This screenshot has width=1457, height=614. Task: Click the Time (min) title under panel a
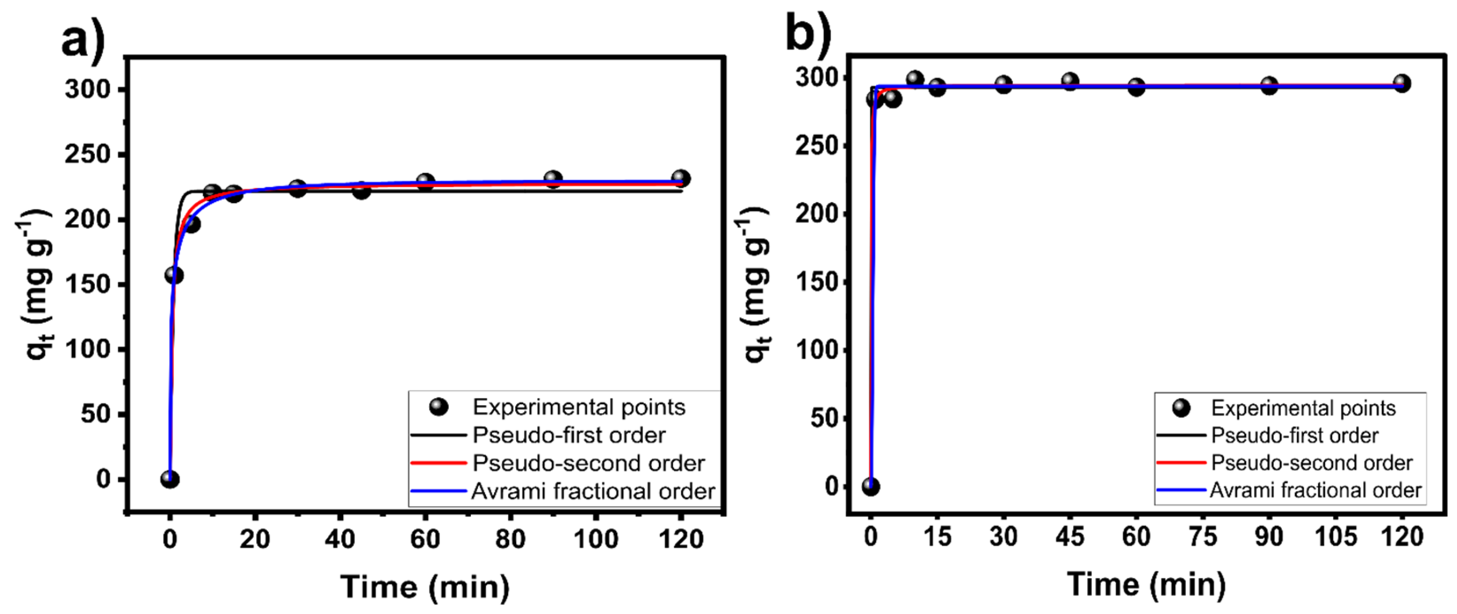(425, 587)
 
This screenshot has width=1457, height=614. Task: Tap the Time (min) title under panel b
(1146, 584)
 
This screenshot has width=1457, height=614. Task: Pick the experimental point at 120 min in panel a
(681, 179)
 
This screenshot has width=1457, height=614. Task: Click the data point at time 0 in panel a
(170, 479)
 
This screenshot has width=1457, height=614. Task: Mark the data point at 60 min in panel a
(425, 182)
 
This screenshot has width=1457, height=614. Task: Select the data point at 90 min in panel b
(1269, 86)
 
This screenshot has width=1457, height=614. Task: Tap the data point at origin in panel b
(871, 486)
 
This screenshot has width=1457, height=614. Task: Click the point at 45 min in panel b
(1070, 82)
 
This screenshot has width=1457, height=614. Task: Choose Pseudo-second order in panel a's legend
(588, 464)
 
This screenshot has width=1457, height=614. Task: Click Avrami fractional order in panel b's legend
(1316, 490)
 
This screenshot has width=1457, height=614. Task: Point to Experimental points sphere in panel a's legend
(439, 407)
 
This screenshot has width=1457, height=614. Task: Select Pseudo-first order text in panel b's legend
(1295, 436)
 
